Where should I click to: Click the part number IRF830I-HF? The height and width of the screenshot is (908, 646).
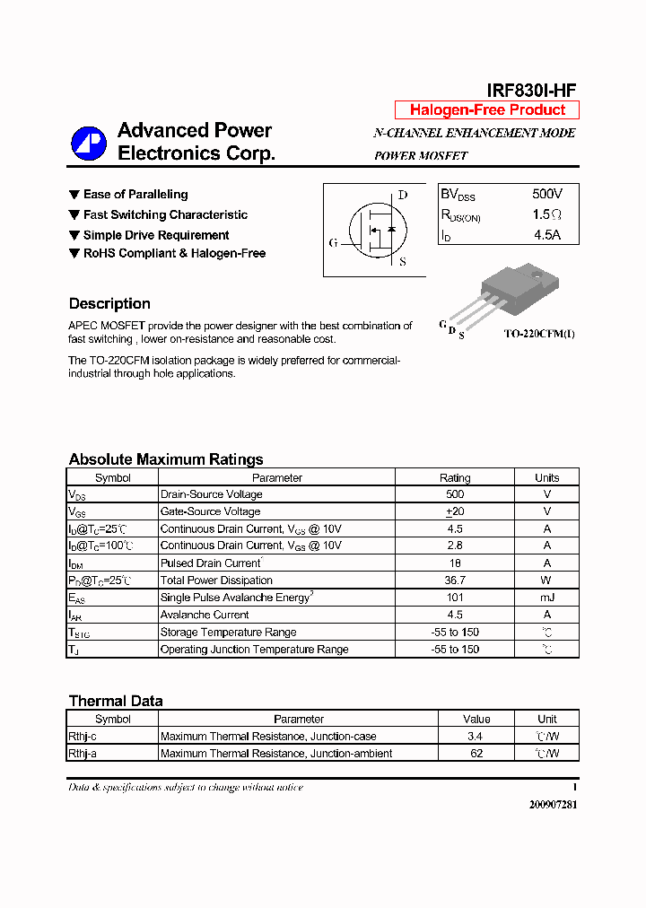coord(531,90)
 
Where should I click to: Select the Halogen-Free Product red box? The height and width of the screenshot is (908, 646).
coord(487,110)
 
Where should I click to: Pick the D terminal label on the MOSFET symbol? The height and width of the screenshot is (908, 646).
coord(402,195)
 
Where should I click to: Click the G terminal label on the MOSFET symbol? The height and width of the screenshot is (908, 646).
coord(333,243)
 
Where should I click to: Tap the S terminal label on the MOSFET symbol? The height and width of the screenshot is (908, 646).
coord(402,262)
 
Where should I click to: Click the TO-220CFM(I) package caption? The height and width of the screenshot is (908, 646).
coord(538,334)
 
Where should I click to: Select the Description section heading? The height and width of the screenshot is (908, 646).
coord(109,303)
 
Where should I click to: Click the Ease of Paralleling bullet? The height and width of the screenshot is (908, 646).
coord(135,195)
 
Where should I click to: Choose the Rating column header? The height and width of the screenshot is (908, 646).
coord(455,478)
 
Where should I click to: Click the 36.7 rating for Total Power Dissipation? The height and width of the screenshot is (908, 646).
coord(455,581)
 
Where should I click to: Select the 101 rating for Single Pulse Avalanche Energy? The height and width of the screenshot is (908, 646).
coord(455,598)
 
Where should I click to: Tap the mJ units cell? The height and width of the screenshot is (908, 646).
coord(546,598)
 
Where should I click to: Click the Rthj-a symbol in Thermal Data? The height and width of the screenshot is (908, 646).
coord(83,754)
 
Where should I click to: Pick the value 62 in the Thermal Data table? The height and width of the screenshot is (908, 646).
coord(476,754)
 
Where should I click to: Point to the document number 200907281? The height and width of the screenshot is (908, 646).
coord(553,805)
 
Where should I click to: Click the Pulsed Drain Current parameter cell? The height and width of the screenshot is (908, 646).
coord(211,563)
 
